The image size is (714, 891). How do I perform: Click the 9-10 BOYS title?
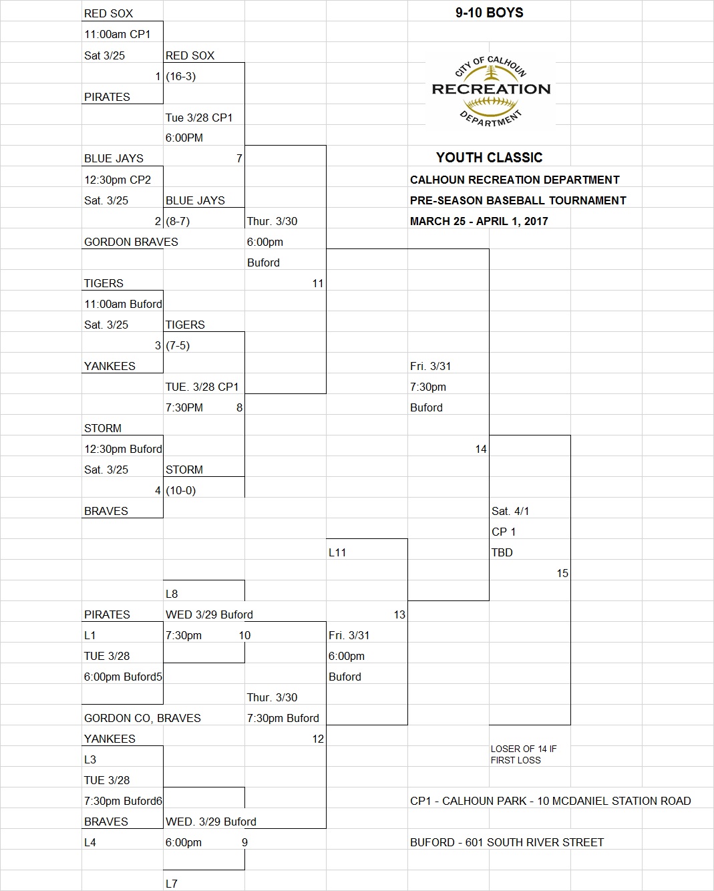coord(489,13)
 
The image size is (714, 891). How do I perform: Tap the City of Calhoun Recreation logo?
coord(491,91)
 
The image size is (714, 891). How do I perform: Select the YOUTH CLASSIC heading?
coord(489,158)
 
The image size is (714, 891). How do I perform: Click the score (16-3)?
coord(181,76)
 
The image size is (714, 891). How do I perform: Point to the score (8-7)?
coord(178,221)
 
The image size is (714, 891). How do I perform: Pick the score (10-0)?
coord(181,490)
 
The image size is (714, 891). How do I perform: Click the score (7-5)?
coord(178,345)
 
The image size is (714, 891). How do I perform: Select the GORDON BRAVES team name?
coord(131,242)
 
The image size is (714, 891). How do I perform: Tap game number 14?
coord(481,449)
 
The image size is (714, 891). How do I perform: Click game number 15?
coord(562,573)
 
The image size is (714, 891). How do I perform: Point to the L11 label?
coord(337,552)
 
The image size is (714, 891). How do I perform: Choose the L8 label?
coord(172,594)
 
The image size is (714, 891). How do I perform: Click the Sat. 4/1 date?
coord(510,511)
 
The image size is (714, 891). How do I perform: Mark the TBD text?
coord(502,552)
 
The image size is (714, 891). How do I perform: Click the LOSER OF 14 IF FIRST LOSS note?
coord(523,755)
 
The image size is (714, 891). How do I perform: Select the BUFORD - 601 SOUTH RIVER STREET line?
coord(507,842)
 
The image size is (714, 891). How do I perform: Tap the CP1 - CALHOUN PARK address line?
coord(550,801)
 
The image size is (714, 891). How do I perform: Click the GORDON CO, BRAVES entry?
coord(142,718)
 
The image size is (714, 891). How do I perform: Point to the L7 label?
coord(172,884)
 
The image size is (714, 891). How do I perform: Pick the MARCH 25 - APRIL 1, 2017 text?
coord(479,221)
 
